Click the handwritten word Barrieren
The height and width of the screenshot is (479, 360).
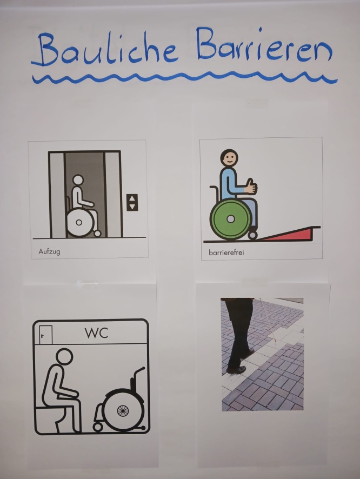(x=264, y=44)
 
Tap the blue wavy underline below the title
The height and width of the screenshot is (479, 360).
(x=185, y=78)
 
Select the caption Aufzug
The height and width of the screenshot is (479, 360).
(x=49, y=252)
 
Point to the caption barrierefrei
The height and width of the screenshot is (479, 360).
(x=226, y=252)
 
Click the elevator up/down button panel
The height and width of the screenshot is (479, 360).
(x=132, y=202)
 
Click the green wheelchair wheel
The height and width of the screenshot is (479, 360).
(x=231, y=219)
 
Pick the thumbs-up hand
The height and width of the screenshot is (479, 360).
(x=251, y=186)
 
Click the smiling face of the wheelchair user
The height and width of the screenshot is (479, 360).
(x=229, y=158)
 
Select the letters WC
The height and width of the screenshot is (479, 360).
(x=97, y=333)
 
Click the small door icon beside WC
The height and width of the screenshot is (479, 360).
(x=46, y=335)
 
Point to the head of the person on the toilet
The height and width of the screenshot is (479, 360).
(x=64, y=356)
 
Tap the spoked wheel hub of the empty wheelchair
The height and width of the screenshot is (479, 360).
(x=123, y=411)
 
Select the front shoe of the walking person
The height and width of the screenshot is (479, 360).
(x=236, y=370)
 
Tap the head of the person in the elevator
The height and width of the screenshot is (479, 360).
(x=78, y=180)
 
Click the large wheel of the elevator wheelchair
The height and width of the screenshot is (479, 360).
(x=79, y=222)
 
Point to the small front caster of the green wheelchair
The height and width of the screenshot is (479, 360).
(x=253, y=236)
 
